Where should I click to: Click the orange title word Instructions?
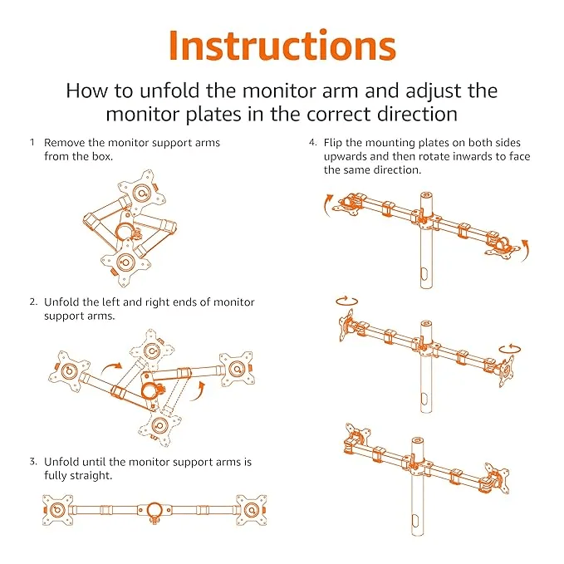(282, 46)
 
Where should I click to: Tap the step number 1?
(32, 143)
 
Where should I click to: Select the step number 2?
(32, 302)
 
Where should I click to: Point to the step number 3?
(32, 462)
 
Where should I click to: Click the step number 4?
(311, 143)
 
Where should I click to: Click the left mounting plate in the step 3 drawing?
(57, 508)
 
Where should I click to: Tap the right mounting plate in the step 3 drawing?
(250, 508)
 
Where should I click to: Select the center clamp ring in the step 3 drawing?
(154, 508)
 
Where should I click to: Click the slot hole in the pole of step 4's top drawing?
(426, 273)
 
